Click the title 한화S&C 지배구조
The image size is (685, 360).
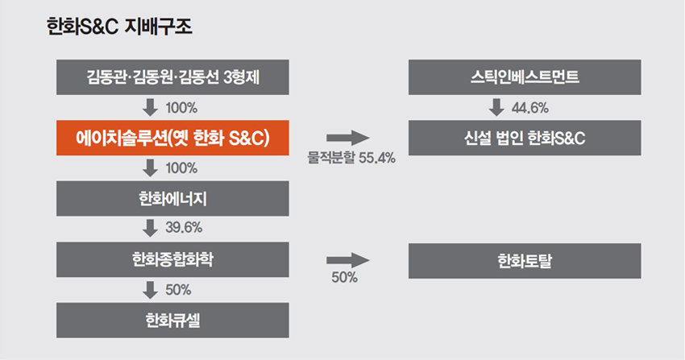[x=119, y=27]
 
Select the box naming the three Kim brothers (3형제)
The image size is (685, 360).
[x=172, y=77]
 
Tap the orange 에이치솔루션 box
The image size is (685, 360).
[x=172, y=138]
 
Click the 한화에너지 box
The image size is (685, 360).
[x=172, y=199]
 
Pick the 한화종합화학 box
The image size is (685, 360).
[x=172, y=259]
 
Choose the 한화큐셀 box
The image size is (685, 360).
[x=172, y=321]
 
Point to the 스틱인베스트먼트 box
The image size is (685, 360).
[x=525, y=77]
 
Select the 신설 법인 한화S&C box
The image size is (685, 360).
[x=525, y=138]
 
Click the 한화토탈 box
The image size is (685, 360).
[x=525, y=261]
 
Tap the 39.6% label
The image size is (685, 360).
[x=184, y=227]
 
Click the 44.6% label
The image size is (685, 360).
[x=530, y=107]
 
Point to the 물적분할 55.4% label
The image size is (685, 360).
[x=351, y=158]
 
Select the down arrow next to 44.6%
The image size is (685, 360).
[x=496, y=107]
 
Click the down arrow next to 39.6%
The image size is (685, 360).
[x=150, y=228]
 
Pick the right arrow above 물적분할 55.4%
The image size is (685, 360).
[x=348, y=138]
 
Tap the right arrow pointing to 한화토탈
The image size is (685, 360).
[x=348, y=260]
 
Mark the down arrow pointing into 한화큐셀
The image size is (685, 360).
[x=150, y=290]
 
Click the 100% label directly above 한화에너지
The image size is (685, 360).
[x=181, y=168]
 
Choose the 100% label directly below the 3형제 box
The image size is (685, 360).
[x=181, y=107]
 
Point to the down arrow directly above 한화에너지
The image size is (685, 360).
[x=150, y=168]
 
